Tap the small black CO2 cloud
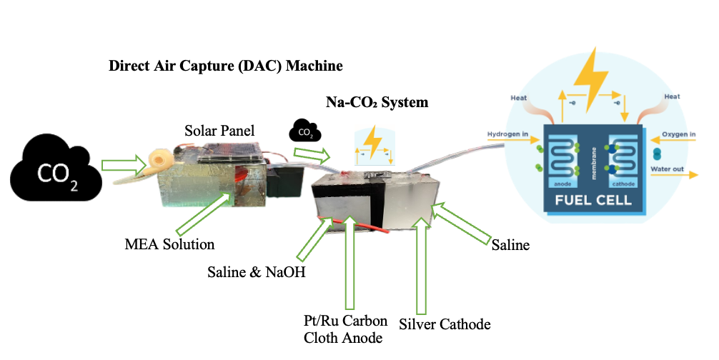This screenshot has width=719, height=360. tap(304, 131)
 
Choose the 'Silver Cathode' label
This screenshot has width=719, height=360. tap(445, 324)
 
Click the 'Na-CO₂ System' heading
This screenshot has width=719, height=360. tap(377, 102)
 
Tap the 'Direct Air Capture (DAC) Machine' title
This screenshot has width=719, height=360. tap(225, 66)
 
